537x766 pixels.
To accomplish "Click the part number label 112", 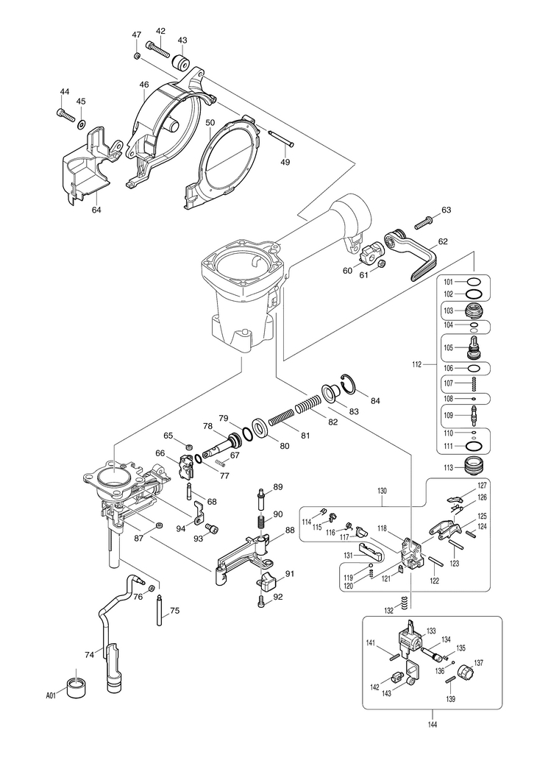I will [417, 364].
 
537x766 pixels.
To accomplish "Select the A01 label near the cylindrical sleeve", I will [51, 694].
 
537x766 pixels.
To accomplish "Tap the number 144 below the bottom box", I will [432, 724].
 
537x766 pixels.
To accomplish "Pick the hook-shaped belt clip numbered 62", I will [413, 254].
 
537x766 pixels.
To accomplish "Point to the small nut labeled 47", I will [137, 56].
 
